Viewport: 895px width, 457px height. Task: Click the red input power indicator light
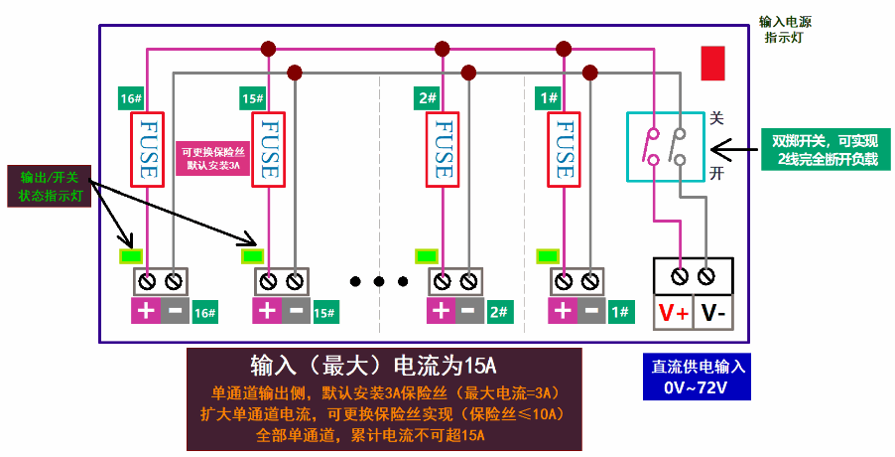(x=712, y=64)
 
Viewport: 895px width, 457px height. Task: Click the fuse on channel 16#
(x=148, y=150)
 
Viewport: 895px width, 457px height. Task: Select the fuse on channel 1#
(x=564, y=150)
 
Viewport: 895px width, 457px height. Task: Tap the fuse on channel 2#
(x=443, y=150)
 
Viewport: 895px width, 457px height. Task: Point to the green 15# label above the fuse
(x=253, y=98)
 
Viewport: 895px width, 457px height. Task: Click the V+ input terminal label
(x=674, y=313)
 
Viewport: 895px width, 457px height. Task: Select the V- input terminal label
(x=712, y=313)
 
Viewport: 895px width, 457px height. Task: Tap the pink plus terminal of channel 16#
(x=146, y=311)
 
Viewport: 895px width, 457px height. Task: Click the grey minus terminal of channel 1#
(x=591, y=311)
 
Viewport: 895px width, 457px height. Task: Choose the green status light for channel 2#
(x=427, y=256)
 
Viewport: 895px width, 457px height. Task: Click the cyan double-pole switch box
(x=666, y=147)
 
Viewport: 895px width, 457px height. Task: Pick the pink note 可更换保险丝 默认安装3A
(x=213, y=158)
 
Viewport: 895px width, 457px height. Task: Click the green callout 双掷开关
(x=826, y=149)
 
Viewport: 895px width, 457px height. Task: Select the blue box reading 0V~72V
(x=697, y=377)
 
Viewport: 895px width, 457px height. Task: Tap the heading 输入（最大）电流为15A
(x=373, y=366)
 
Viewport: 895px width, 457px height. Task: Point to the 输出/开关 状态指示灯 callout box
(x=49, y=186)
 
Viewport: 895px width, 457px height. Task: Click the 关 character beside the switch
(x=716, y=118)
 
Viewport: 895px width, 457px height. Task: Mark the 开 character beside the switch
(x=716, y=173)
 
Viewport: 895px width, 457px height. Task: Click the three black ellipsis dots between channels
(x=379, y=281)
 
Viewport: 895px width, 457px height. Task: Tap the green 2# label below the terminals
(x=498, y=312)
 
